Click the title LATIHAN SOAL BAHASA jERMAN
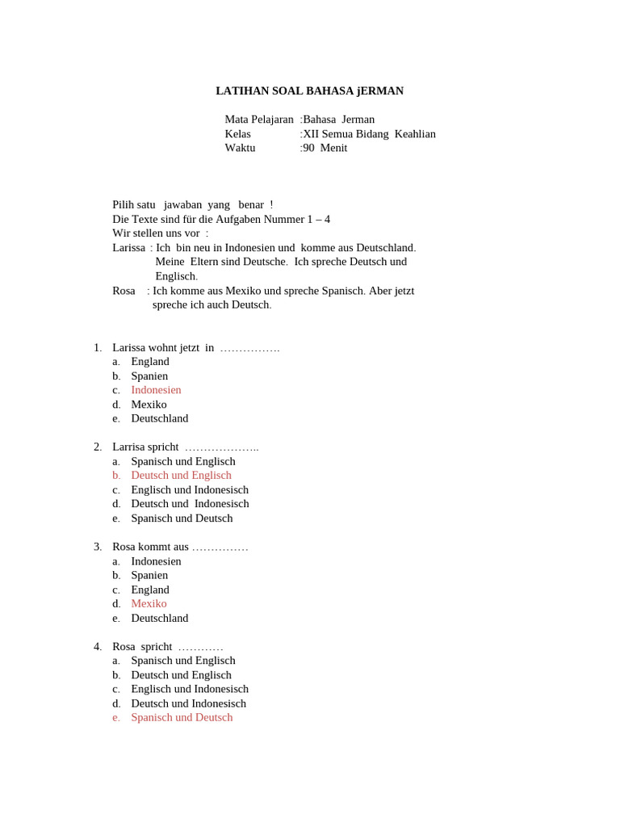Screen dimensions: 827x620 309,91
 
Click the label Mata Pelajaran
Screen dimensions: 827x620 259,120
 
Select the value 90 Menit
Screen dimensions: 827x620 325,148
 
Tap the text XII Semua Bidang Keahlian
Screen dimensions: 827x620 369,134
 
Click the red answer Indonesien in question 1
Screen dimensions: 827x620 156,390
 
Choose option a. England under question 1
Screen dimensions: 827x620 150,362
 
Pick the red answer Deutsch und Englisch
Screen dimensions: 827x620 181,476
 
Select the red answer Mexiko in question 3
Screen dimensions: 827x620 149,604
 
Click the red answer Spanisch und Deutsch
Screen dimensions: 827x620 182,717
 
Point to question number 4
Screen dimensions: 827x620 98,647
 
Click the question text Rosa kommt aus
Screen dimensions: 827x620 150,547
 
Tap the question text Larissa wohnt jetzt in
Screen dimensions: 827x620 163,348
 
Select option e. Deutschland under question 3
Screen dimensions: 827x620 159,619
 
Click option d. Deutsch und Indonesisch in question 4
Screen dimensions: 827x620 188,703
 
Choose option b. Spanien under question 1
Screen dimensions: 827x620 149,376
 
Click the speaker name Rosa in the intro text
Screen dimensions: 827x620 124,291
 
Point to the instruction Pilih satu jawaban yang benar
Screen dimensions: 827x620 192,205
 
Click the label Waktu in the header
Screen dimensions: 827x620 240,148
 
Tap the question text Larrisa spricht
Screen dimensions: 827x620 145,447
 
